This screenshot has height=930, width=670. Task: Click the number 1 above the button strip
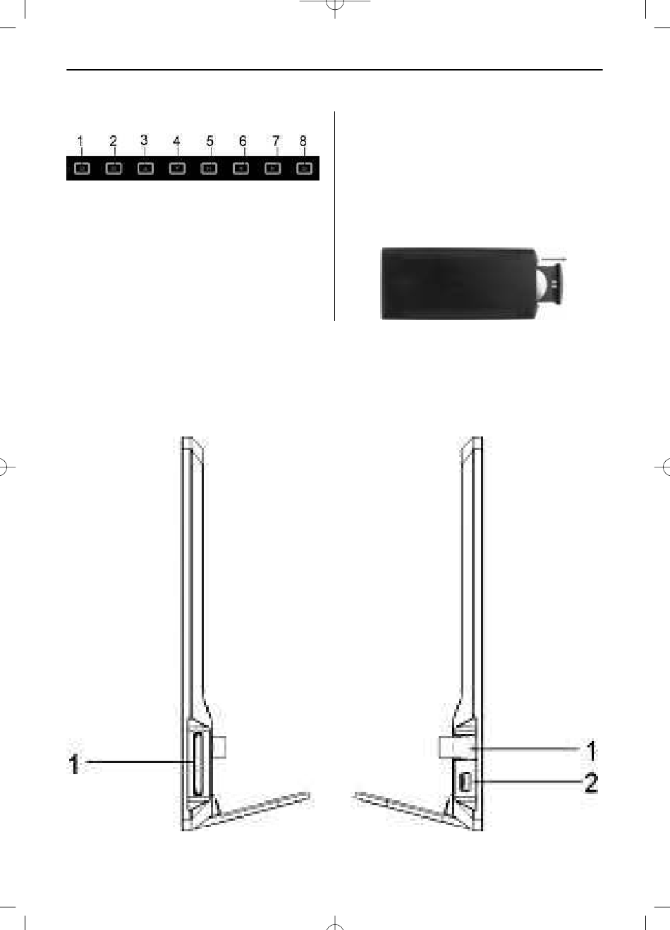tap(80, 141)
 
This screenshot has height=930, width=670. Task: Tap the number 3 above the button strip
tap(144, 140)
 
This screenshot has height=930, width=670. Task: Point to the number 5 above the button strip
tap(209, 141)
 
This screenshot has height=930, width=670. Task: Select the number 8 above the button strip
tap(303, 141)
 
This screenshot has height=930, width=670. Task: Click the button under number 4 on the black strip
tap(177, 169)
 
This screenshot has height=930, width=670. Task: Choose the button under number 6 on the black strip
tap(241, 169)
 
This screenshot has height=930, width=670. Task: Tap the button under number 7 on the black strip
tap(273, 169)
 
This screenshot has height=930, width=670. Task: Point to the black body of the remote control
tap(458, 284)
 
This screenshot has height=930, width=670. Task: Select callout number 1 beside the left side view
tap(74, 765)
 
